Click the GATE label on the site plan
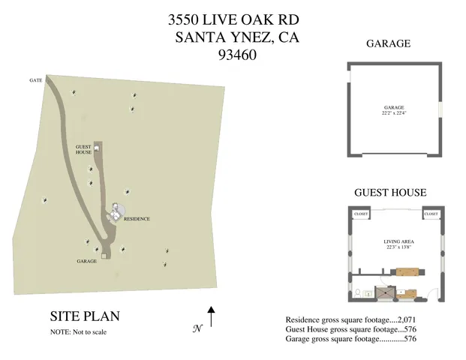35,79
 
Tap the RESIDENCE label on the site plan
137,219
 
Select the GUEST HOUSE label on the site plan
83,149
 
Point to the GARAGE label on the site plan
87,262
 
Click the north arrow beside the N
212,316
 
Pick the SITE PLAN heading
84,316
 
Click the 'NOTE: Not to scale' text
78,331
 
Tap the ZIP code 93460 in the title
237,54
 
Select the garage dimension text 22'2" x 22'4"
394,114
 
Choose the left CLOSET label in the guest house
360,214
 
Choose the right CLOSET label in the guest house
431,214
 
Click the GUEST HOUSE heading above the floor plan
389,193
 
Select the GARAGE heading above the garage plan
388,43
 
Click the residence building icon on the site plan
116,213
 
